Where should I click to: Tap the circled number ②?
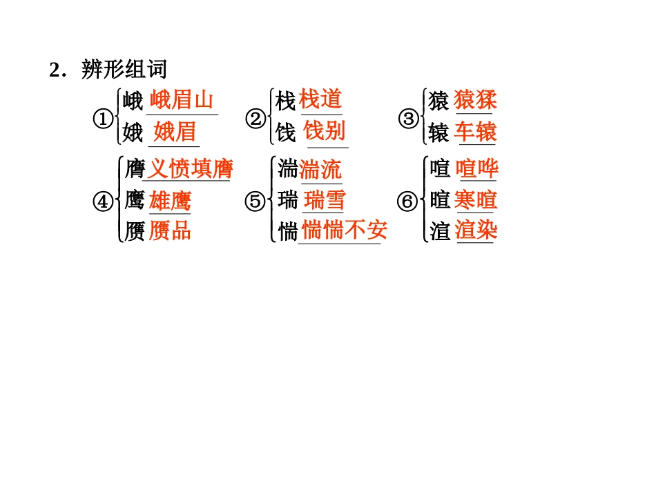(x=255, y=119)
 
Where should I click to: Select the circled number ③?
(x=409, y=119)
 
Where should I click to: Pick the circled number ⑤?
(x=255, y=201)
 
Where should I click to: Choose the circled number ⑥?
(x=407, y=201)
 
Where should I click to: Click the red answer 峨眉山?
(x=181, y=101)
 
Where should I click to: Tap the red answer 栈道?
(x=321, y=99)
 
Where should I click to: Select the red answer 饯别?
(x=325, y=130)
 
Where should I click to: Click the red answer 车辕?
(x=476, y=131)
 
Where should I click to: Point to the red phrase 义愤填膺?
(x=191, y=168)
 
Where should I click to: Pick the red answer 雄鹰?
(x=170, y=200)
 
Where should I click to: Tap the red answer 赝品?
(x=170, y=230)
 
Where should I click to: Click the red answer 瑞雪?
(x=325, y=200)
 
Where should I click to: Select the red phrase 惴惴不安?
(x=344, y=230)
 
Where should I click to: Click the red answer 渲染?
(x=476, y=230)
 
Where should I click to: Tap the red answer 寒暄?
(x=476, y=200)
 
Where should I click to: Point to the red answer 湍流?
(x=320, y=169)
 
